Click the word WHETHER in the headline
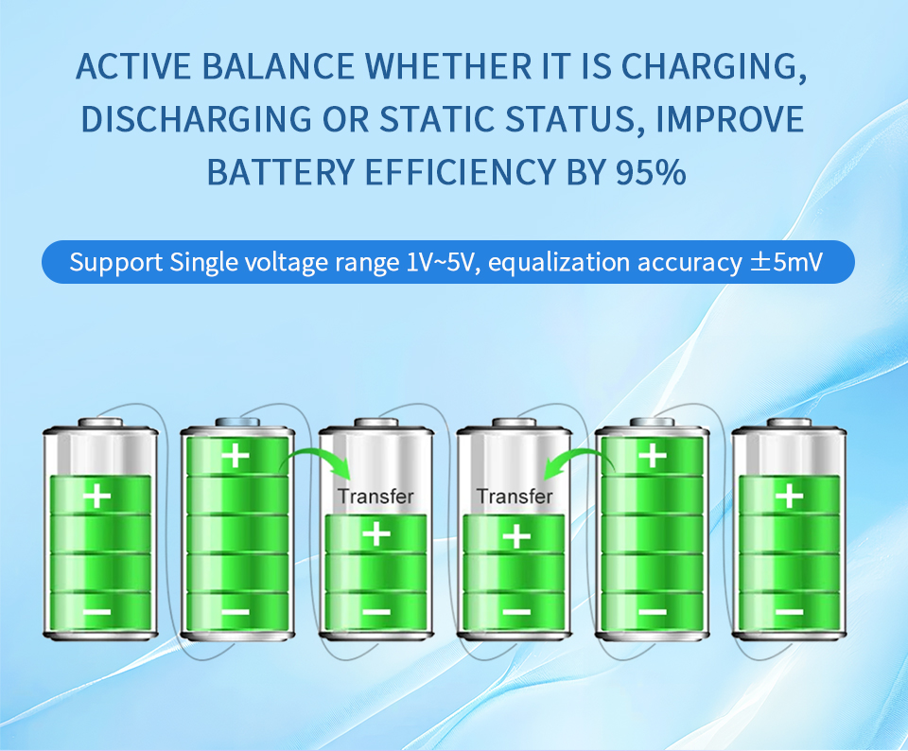[447, 66]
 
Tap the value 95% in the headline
[651, 172]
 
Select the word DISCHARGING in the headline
[197, 119]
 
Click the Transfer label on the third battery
[375, 497]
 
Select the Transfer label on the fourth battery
[515, 497]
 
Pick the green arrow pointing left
[579, 462]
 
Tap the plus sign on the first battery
[97, 497]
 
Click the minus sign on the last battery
[789, 612]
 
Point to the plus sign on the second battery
[236, 456]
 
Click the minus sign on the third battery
[377, 612]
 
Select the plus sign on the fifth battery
[653, 456]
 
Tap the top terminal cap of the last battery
[789, 423]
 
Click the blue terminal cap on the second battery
[237, 422]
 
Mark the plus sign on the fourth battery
[516, 535]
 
